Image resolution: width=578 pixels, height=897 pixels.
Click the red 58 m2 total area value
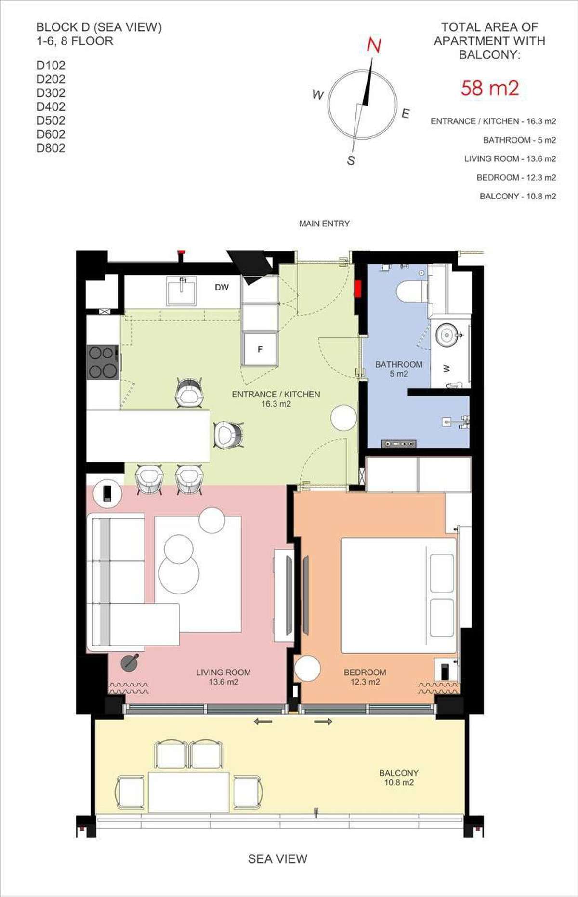(x=489, y=88)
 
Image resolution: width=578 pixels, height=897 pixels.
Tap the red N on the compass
(x=374, y=45)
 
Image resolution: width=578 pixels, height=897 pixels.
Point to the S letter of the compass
(x=351, y=160)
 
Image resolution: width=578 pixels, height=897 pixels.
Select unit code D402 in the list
(x=51, y=106)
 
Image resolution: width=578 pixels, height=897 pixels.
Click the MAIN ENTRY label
(x=324, y=224)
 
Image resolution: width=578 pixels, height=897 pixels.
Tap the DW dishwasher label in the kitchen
(x=222, y=287)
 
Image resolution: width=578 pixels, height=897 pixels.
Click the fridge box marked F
(x=260, y=349)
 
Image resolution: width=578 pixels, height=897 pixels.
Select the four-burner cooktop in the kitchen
(x=103, y=362)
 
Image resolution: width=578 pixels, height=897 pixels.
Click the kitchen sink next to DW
(x=181, y=291)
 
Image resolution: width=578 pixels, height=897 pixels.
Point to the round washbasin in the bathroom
(x=448, y=334)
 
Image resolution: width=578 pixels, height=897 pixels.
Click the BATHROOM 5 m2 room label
(x=399, y=369)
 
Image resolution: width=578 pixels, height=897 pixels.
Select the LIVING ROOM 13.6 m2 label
(x=223, y=677)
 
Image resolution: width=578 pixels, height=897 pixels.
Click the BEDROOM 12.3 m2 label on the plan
(x=365, y=677)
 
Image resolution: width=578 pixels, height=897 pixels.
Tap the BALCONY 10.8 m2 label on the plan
(x=398, y=778)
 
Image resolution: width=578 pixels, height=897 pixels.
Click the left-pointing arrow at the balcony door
(x=263, y=721)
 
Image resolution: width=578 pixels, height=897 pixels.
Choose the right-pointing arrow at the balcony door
(x=323, y=721)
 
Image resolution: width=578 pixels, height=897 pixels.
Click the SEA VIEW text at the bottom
(x=277, y=858)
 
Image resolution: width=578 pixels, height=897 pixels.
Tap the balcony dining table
(x=189, y=792)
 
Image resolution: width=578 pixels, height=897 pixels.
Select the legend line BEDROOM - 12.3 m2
(x=516, y=177)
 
